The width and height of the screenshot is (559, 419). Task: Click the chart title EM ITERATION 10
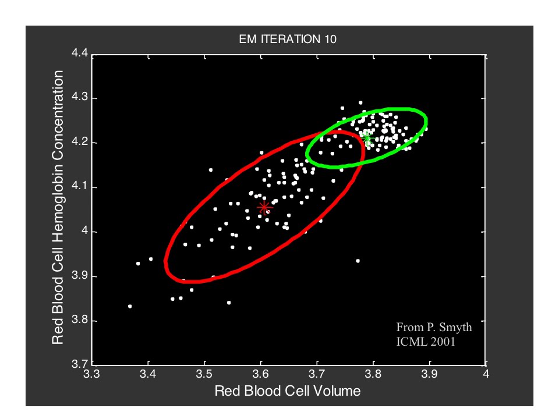click(288, 40)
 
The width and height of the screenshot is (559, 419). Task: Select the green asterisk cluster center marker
click(367, 137)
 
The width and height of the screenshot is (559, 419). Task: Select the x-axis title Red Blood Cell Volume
click(288, 391)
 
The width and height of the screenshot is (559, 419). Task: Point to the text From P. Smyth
click(434, 328)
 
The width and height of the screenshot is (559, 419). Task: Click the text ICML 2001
click(425, 342)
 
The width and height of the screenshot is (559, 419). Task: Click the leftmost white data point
click(130, 306)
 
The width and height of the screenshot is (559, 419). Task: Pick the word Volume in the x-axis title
click(339, 391)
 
